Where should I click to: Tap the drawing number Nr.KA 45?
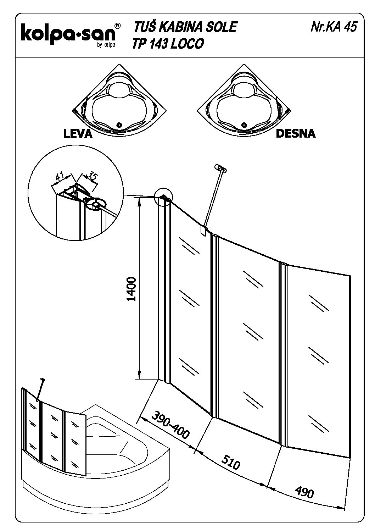tap(333, 27)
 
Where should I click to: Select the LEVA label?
tap(78, 134)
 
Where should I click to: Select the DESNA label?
tap(295, 133)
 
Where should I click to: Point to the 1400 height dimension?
tap(131, 289)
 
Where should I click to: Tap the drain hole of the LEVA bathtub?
tap(119, 125)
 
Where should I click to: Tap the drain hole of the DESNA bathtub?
tap(243, 125)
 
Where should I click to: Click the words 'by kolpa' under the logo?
tap(106, 44)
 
